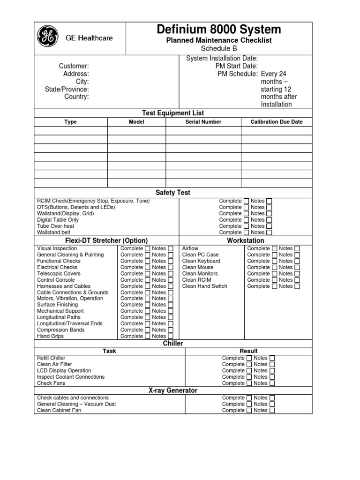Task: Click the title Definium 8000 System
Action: (219, 30)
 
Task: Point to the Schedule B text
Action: (219, 49)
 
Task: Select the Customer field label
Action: (74, 66)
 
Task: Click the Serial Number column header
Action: (203, 122)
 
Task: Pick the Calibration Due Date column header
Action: (277, 122)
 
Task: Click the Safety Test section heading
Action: (172, 193)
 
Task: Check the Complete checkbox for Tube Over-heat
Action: (247, 226)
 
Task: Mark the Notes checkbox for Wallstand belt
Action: (269, 232)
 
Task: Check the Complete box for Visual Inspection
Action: (148, 248)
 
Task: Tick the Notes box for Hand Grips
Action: (171, 336)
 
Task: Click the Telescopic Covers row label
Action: (59, 273)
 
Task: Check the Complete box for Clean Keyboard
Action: (274, 261)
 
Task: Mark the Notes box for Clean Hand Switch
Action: (297, 286)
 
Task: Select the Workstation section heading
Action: (245, 240)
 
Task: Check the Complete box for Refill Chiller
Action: (249, 358)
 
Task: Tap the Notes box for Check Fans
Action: (272, 383)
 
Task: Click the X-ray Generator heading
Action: (172, 390)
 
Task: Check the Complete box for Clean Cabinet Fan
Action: (249, 410)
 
